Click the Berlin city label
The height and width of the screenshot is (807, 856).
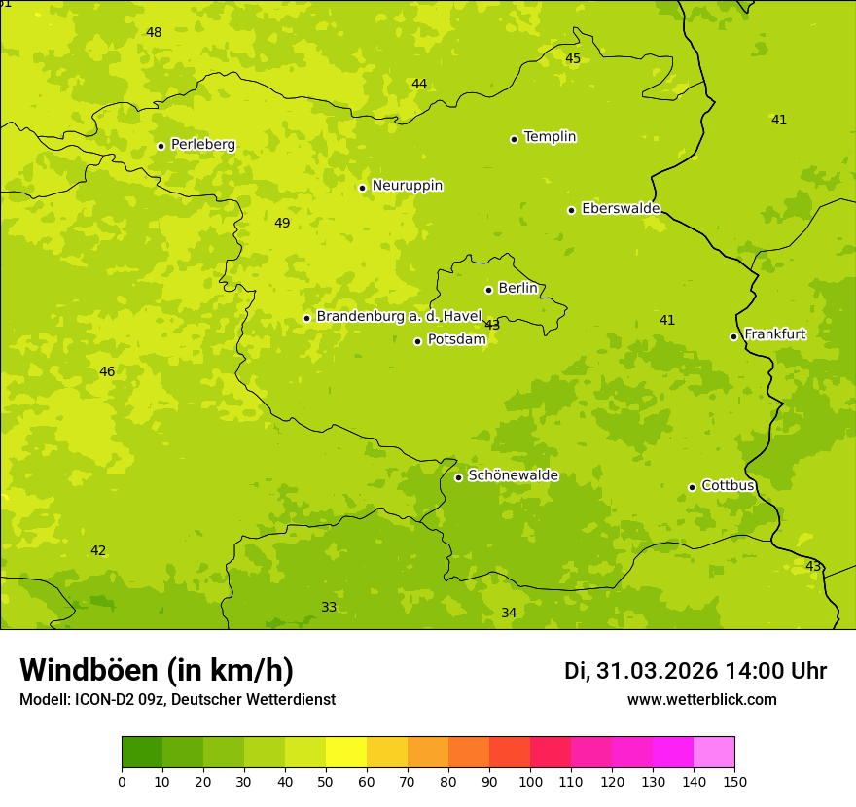coord(517,289)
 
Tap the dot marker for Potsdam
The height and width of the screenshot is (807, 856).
coord(418,341)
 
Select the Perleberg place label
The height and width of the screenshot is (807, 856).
coord(202,145)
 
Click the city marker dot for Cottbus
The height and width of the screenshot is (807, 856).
coord(693,487)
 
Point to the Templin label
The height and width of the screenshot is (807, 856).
coord(550,137)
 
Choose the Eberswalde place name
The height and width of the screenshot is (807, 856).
coord(621,209)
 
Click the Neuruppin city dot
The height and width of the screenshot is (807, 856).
coord(363,188)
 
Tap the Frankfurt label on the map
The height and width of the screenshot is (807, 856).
coord(774,334)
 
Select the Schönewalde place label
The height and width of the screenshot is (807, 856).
coord(513,475)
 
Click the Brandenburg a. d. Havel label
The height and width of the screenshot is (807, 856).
coord(399,317)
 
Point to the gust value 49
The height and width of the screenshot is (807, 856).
coord(282,224)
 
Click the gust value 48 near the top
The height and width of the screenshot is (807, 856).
coord(154,33)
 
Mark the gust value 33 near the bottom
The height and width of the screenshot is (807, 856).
coord(329,608)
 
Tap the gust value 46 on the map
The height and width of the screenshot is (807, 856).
coord(107,372)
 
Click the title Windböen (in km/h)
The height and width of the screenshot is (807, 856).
coord(157,670)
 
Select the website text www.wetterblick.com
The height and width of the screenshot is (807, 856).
coord(701,700)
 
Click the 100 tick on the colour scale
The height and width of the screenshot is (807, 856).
coord(530,781)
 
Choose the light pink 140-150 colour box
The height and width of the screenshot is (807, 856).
coord(714,753)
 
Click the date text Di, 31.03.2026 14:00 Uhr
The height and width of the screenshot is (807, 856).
coord(695,671)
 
